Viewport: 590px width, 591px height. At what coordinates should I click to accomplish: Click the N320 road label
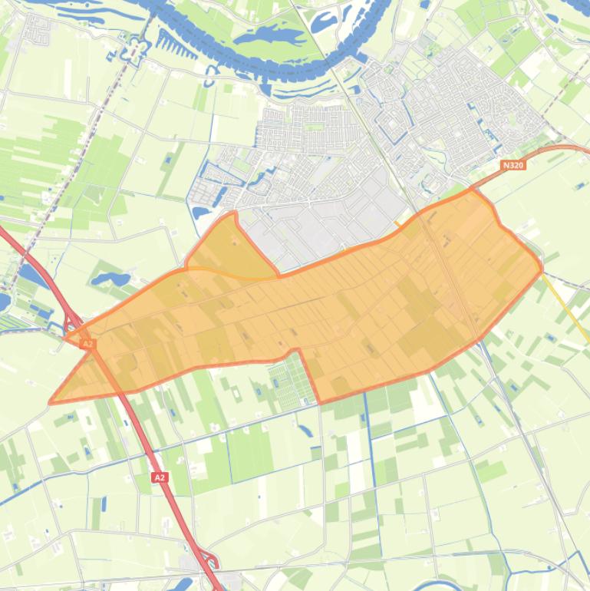tap(514, 165)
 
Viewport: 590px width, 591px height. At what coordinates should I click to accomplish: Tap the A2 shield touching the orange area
tap(87, 345)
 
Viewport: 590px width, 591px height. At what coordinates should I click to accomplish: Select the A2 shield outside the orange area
tap(159, 477)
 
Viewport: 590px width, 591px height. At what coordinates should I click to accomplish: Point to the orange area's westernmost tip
tap(51, 401)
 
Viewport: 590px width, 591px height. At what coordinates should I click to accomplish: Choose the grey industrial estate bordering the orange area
tap(338, 219)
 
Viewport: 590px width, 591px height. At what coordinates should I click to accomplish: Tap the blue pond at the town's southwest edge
tap(203, 212)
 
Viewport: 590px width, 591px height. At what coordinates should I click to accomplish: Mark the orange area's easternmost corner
tap(542, 269)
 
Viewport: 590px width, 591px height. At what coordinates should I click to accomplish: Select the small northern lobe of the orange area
tap(226, 246)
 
